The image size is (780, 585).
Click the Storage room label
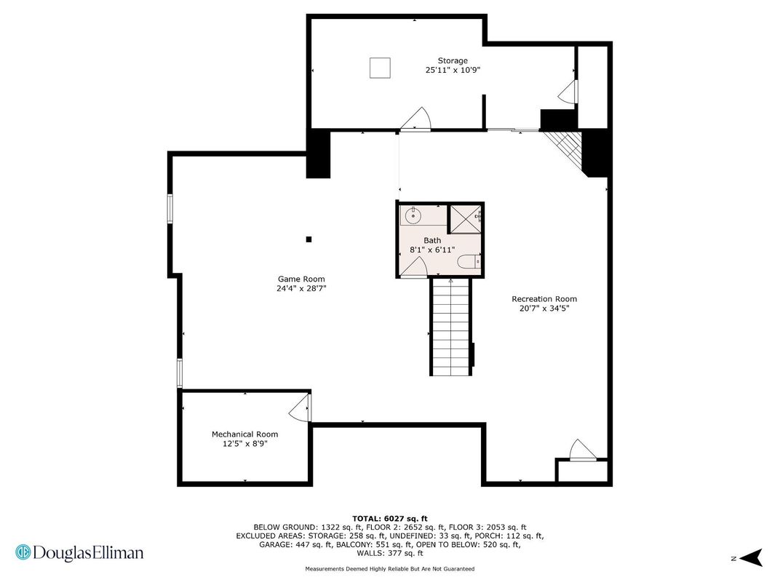click(x=453, y=60)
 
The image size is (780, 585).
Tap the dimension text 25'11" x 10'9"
click(x=453, y=70)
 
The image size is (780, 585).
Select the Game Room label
click(x=301, y=279)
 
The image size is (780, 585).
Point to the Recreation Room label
click(x=544, y=299)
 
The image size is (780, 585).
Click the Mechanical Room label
click(x=244, y=434)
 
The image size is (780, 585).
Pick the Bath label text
click(x=432, y=240)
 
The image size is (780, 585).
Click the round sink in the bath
click(x=413, y=216)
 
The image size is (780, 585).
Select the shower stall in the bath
click(x=466, y=218)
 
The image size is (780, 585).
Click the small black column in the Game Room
click(x=309, y=239)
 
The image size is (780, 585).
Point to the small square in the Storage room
click(x=380, y=68)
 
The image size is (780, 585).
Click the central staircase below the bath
click(x=450, y=327)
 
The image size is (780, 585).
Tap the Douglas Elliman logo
click(x=79, y=553)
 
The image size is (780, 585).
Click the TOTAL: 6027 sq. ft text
click(x=390, y=519)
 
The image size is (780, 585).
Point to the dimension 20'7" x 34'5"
click(x=544, y=309)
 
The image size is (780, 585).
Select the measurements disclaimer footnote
click(x=390, y=568)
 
